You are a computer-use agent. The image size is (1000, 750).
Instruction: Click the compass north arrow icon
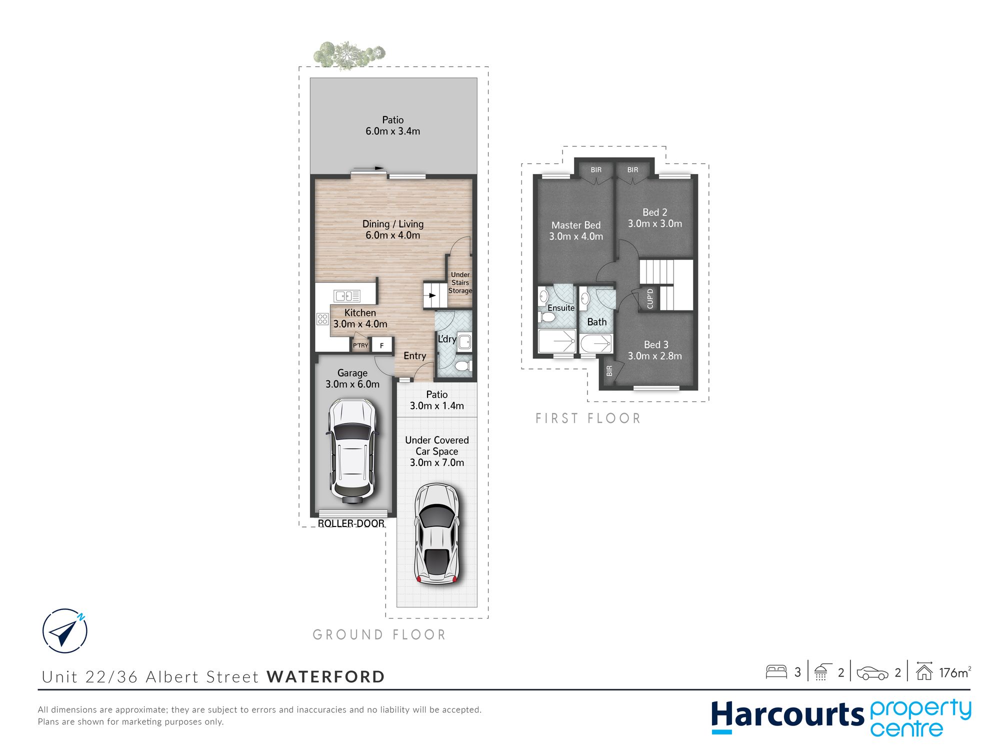click(x=65, y=630)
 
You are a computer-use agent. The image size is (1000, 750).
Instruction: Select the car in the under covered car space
click(x=436, y=534)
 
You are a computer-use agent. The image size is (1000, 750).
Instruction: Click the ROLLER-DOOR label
click(x=351, y=523)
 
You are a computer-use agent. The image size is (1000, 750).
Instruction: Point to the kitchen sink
click(x=347, y=295)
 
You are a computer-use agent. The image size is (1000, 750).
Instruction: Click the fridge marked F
click(x=382, y=345)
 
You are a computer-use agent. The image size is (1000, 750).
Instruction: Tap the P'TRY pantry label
click(x=360, y=345)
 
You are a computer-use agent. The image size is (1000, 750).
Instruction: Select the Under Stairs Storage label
click(x=460, y=282)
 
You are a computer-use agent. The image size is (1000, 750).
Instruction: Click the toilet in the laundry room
click(x=463, y=366)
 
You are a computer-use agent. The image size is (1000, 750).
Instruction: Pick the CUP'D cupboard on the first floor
click(x=650, y=298)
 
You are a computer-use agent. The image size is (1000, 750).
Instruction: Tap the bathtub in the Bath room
click(x=596, y=343)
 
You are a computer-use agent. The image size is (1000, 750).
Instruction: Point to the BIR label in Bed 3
click(x=609, y=370)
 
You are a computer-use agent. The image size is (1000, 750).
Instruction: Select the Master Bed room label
click(x=576, y=225)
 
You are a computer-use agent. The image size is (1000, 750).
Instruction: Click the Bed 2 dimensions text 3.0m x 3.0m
click(x=655, y=223)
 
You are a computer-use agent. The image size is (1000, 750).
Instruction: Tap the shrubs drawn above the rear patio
click(x=349, y=54)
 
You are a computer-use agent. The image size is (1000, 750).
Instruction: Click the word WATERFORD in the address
click(x=326, y=676)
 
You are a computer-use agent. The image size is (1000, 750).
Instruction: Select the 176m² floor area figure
click(x=955, y=672)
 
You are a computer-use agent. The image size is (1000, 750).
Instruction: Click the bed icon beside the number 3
click(x=776, y=671)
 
